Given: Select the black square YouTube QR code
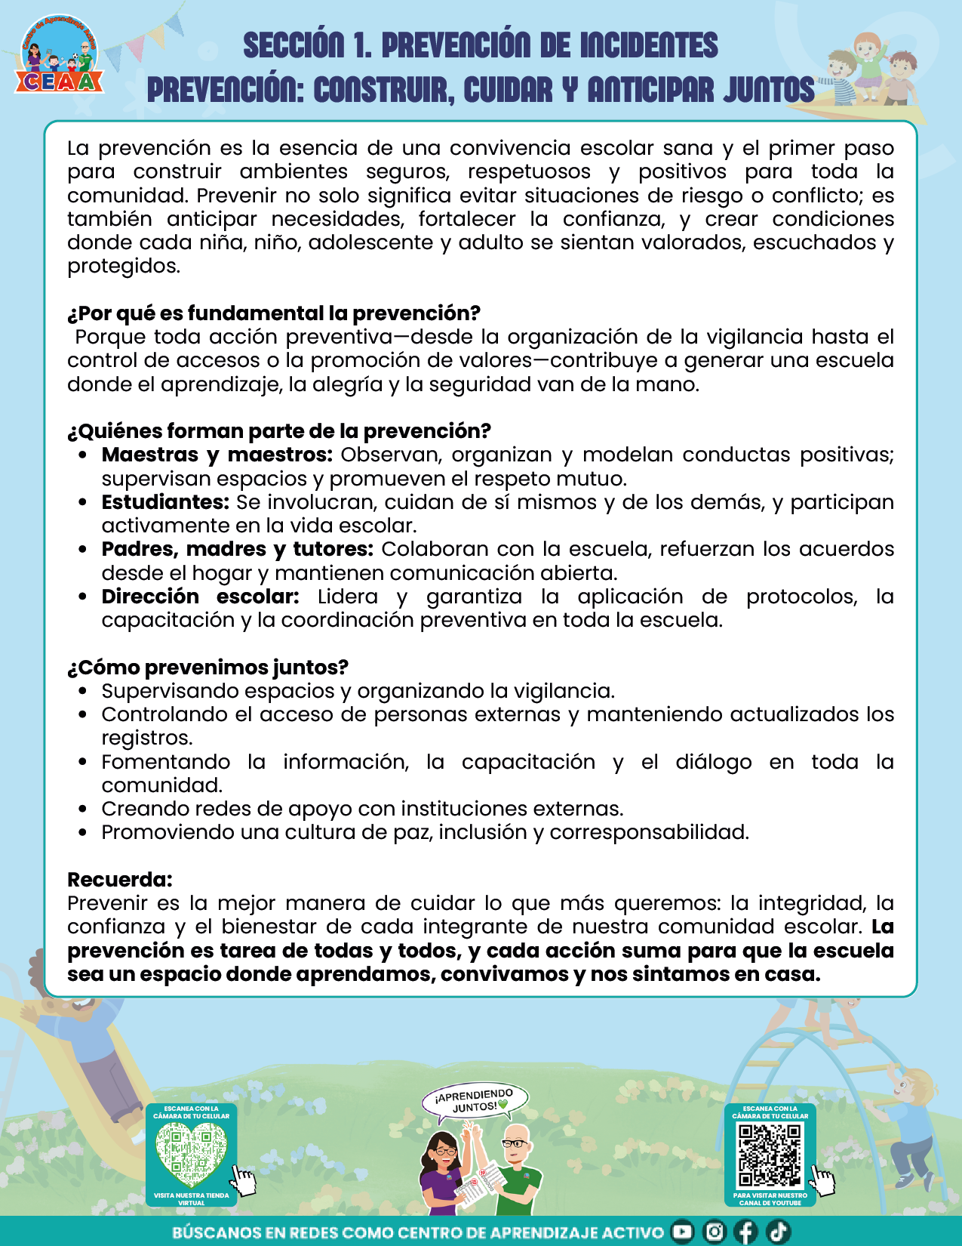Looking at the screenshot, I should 770,1155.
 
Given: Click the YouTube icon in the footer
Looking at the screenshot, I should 682,1232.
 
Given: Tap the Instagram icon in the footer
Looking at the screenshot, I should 714,1232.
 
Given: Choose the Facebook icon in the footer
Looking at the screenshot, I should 745,1232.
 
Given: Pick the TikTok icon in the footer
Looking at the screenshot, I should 778,1232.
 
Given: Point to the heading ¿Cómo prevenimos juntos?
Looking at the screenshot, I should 207,668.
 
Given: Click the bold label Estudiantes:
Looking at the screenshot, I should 165,502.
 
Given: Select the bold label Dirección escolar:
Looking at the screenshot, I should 200,597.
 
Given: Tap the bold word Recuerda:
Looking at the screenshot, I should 120,880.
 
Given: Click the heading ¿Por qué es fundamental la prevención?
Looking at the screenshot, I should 273,313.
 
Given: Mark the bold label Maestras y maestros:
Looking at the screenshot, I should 217,455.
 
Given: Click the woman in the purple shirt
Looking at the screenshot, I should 444,1170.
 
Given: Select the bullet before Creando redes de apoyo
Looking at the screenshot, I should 83,809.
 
